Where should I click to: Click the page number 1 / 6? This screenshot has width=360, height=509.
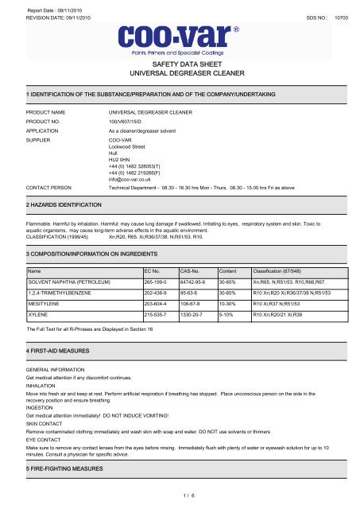click(180, 499)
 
